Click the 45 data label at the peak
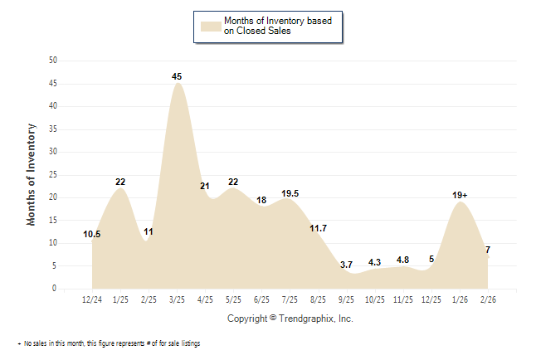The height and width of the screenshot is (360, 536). (177, 76)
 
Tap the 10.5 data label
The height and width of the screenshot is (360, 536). (92, 235)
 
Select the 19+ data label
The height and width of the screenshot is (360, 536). (460, 195)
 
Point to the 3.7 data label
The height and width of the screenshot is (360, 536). (346, 265)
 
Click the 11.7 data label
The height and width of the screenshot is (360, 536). (319, 228)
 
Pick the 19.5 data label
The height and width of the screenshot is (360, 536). (290, 193)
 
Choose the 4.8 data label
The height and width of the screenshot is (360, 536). (403, 260)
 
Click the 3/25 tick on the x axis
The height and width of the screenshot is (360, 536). (177, 299)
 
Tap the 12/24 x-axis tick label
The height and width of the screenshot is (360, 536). (92, 299)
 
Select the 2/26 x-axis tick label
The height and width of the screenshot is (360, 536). (488, 299)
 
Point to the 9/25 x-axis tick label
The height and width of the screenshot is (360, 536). (347, 299)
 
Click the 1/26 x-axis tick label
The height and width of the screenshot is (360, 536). (460, 299)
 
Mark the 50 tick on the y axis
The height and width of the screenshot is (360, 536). (53, 61)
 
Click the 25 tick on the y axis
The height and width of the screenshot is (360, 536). (53, 175)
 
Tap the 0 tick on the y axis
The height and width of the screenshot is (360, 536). (55, 289)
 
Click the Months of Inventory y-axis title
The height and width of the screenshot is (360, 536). (32, 174)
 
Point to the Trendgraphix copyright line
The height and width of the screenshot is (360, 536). (290, 319)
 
